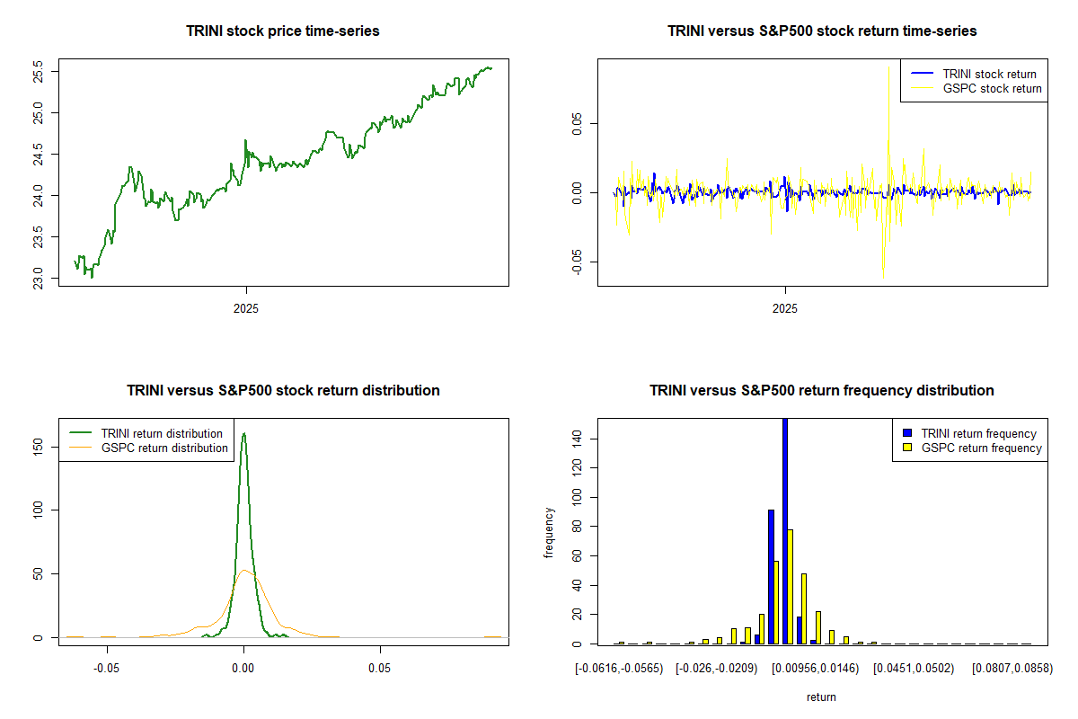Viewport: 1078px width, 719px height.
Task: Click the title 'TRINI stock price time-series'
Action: pyautogui.click(x=283, y=31)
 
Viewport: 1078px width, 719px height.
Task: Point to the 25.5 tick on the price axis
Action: pyautogui.click(x=50, y=71)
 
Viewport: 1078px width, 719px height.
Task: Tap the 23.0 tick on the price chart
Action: pyautogui.click(x=50, y=279)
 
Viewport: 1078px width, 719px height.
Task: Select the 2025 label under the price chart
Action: pyautogui.click(x=246, y=308)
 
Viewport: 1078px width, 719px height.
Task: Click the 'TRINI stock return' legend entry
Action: pyautogui.click(x=989, y=75)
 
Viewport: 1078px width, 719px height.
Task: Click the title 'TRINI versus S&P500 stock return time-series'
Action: pyautogui.click(x=822, y=31)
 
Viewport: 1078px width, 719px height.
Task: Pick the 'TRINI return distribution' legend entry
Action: pyautogui.click(x=162, y=434)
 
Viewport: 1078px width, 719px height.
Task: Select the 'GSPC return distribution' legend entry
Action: pyautogui.click(x=164, y=448)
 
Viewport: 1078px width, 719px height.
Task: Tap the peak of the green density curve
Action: pyautogui.click(x=243, y=433)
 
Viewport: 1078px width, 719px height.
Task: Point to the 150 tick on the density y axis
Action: pyautogui.click(x=50, y=446)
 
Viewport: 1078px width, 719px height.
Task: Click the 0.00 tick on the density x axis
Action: pyautogui.click(x=243, y=670)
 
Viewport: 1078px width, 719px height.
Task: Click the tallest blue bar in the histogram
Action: pyautogui.click(x=785, y=530)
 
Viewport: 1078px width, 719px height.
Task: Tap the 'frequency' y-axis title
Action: pyautogui.click(x=549, y=533)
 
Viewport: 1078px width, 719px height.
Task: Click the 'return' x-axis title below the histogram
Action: pyautogui.click(x=821, y=697)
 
